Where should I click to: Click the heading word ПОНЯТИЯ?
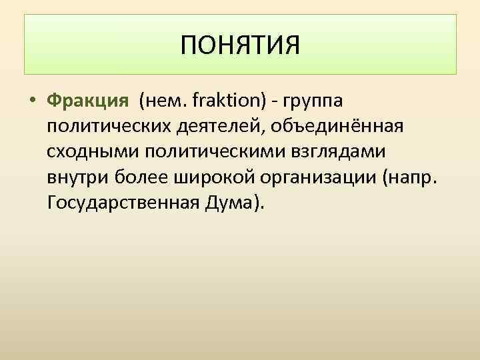coord(240,46)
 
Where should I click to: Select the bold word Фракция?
coord(87,101)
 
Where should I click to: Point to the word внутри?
coord(71,177)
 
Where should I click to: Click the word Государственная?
coord(123,203)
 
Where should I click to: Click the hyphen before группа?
coord(278,102)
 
